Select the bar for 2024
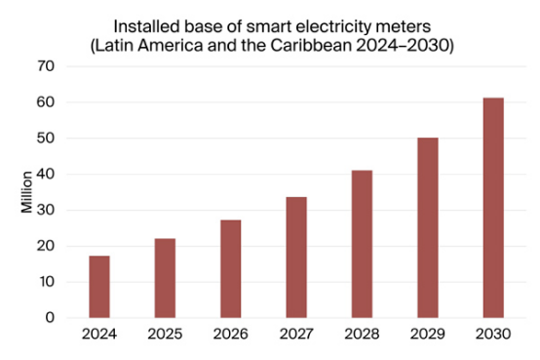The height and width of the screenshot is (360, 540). click(x=99, y=287)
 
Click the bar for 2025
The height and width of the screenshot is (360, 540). click(x=165, y=278)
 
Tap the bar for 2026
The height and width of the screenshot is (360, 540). click(x=230, y=268)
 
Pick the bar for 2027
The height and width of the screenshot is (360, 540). click(x=296, y=258)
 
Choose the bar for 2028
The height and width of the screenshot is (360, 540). click(x=362, y=244)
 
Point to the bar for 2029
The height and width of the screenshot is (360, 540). click(x=427, y=227)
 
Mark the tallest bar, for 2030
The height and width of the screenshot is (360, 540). click(x=493, y=208)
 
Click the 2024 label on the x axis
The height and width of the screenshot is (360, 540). click(x=99, y=335)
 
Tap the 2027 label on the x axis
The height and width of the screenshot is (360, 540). click(x=296, y=335)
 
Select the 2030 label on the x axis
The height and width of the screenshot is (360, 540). click(x=493, y=335)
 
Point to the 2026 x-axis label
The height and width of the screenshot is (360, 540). click(x=230, y=335)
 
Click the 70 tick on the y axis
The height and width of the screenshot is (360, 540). click(x=46, y=66)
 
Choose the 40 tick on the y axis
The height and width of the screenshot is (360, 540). click(x=46, y=175)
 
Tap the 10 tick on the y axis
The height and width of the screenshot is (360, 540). click(x=46, y=282)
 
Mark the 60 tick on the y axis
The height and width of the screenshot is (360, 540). click(x=46, y=102)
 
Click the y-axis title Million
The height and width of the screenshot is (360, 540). click(x=26, y=192)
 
